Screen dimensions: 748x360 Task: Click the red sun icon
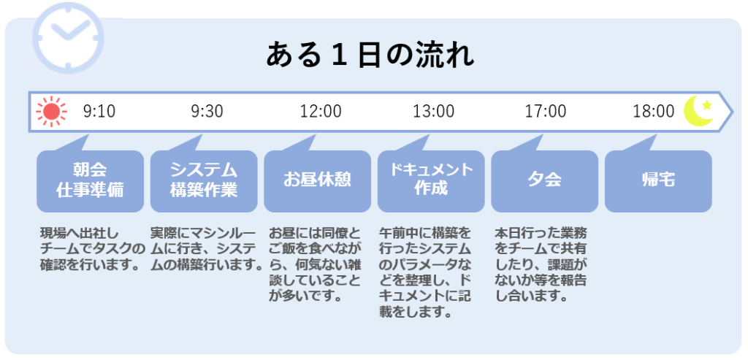[51, 112]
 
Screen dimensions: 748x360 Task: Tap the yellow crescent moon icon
[698, 112]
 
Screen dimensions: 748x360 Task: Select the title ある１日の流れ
[370, 55]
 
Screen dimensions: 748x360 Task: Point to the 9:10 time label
[99, 112]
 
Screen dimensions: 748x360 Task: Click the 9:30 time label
[207, 112]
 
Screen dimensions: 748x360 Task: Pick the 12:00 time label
[321, 112]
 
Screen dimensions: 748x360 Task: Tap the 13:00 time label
[434, 112]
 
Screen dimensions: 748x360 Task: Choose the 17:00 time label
[546, 112]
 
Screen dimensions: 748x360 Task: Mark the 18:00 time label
[654, 112]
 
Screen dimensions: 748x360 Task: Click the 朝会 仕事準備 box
[90, 181]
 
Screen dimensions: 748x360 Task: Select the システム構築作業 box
[204, 181]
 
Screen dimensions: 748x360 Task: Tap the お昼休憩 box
[317, 181]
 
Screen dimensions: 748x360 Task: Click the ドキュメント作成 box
[431, 181]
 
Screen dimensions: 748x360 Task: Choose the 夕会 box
[544, 181]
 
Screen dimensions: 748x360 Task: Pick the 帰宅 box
[658, 181]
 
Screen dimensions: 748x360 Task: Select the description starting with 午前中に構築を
[425, 272]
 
